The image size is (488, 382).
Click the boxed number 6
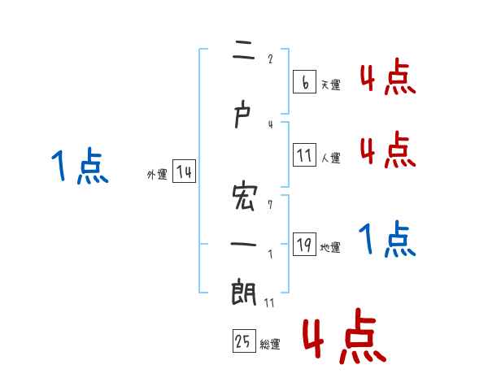coord(303,81)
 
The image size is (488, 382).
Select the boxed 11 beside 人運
coord(305,154)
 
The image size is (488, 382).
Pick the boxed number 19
coord(305,245)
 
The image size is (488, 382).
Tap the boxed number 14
coord(184,172)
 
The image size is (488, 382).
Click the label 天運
coord(330,85)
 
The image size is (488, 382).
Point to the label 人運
coord(331,158)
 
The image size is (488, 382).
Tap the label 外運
coord(156,175)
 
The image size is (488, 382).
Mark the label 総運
coord(270,345)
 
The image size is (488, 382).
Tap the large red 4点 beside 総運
coord(343,335)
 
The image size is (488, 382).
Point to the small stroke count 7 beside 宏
coord(270,205)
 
